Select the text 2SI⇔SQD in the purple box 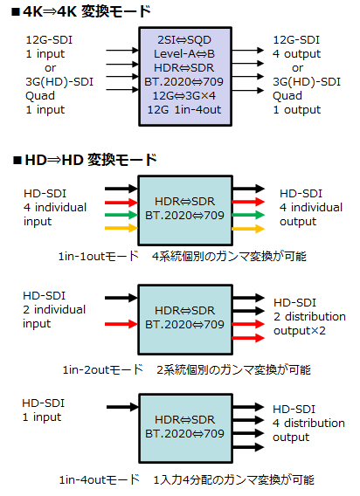click(184, 40)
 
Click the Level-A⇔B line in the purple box click(184, 54)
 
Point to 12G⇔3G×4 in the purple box click(184, 95)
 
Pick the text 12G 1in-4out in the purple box click(184, 109)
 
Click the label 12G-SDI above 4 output click(296, 40)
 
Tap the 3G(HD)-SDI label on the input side click(59, 81)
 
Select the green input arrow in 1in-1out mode click(121, 215)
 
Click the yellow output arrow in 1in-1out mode click(248, 229)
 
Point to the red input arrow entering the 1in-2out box click(121, 324)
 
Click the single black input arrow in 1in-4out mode click(123, 407)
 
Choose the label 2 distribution click(309, 317)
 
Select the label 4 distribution click(308, 424)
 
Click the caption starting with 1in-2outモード click(187, 369)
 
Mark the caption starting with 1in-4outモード click(187, 480)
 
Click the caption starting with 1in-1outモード click(183, 256)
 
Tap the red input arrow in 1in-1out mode click(121, 202)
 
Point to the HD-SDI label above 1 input click(44, 403)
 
